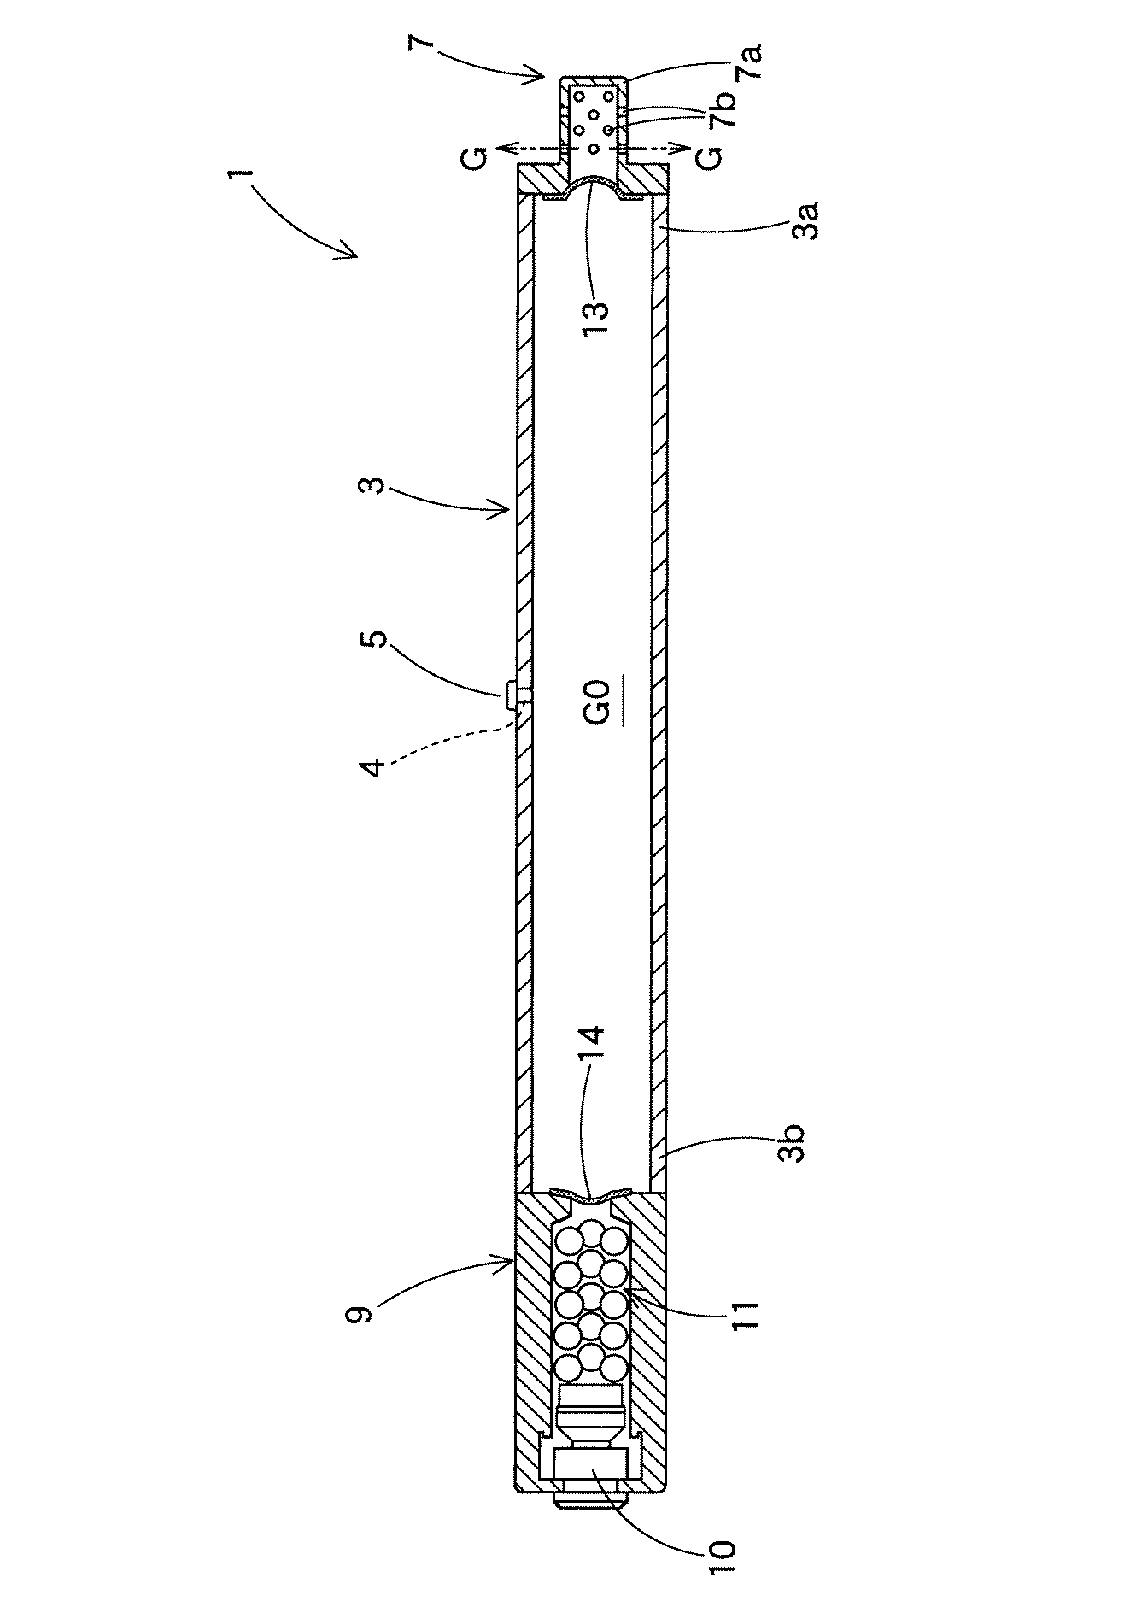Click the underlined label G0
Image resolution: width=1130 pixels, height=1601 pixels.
point(595,701)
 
